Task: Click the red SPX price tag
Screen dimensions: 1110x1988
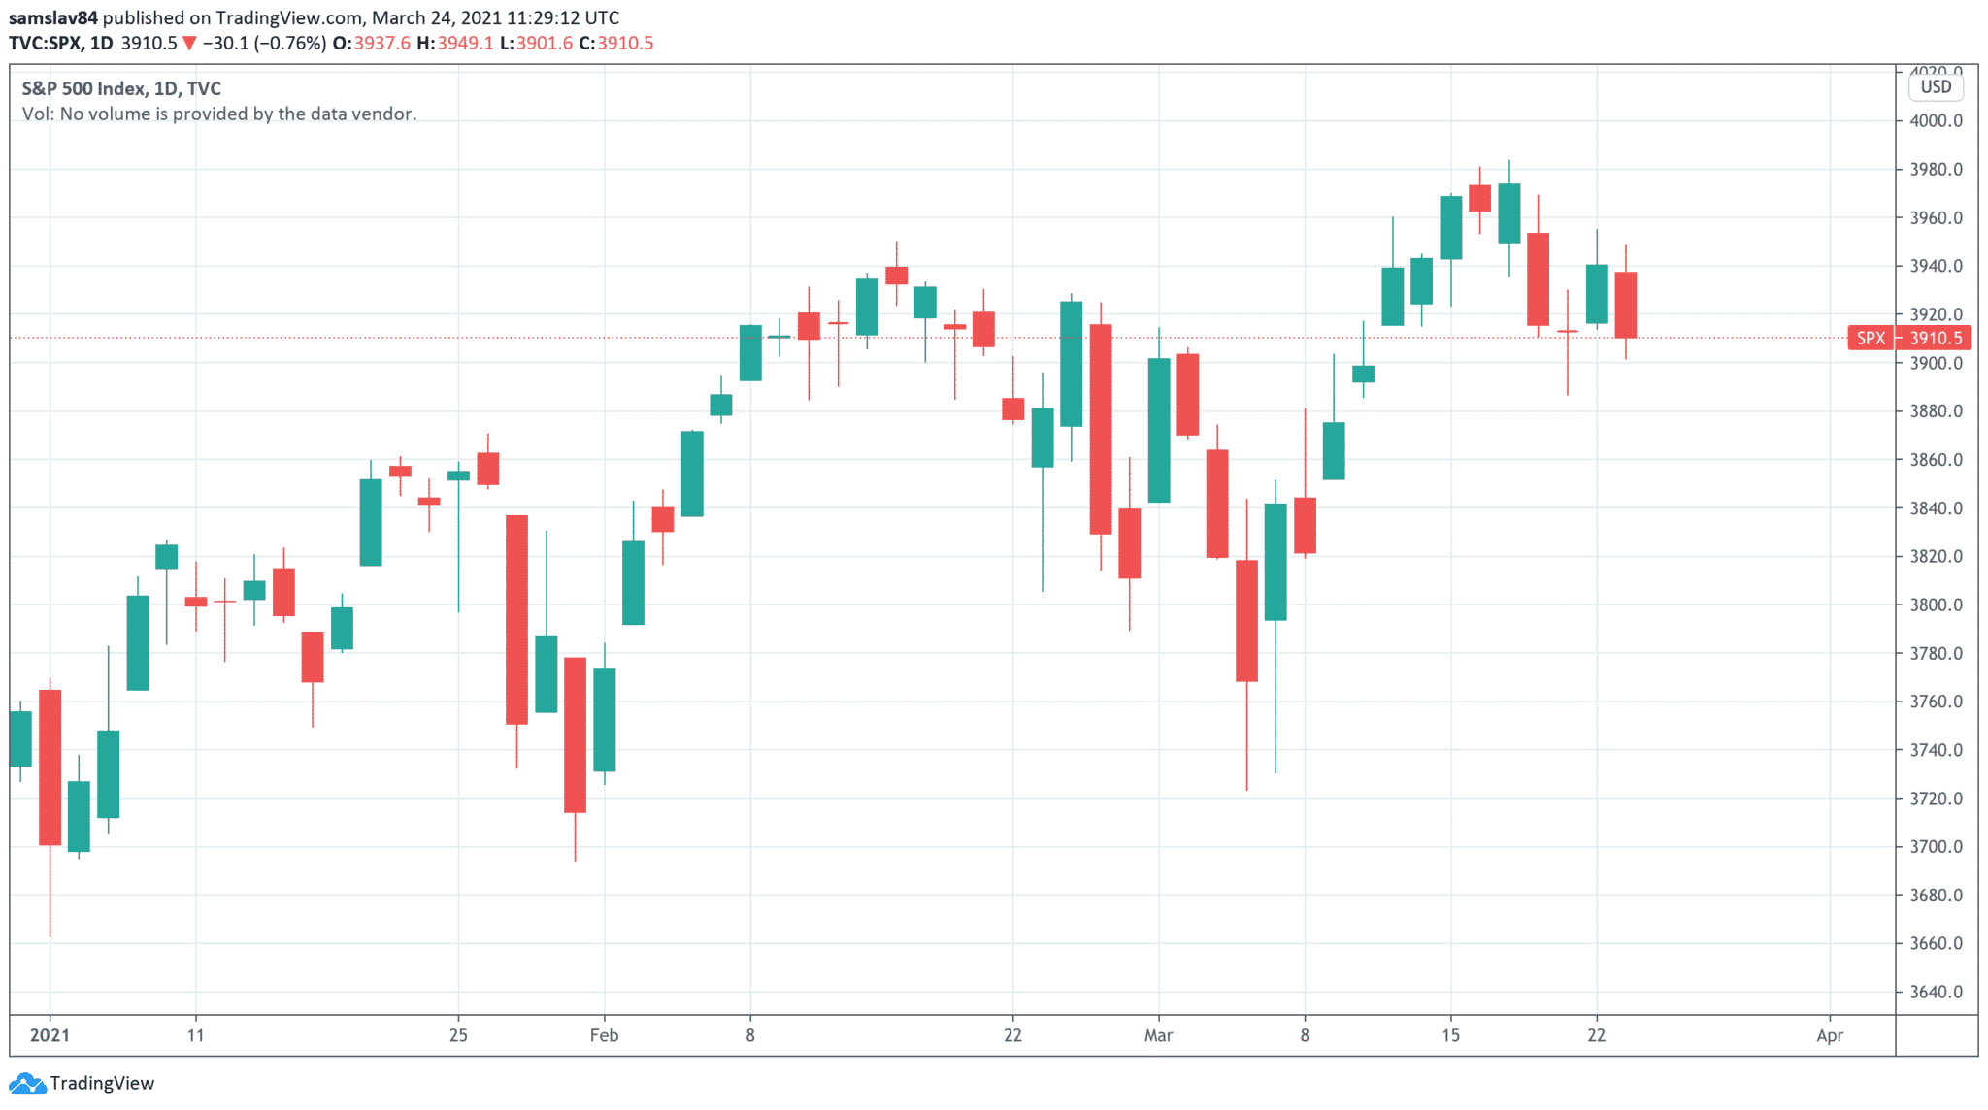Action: click(x=1871, y=338)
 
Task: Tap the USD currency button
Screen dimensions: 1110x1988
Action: click(x=1936, y=87)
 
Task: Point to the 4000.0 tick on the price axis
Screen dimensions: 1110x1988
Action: click(x=1936, y=121)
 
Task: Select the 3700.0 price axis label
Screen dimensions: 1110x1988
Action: click(x=1936, y=847)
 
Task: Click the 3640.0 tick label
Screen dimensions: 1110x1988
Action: click(x=1936, y=992)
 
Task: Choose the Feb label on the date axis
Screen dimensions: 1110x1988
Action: click(x=604, y=1035)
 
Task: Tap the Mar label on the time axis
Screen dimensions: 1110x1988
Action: click(x=1158, y=1035)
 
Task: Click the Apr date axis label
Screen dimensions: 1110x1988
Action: click(x=1829, y=1035)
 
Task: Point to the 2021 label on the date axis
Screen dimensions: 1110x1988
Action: click(x=50, y=1035)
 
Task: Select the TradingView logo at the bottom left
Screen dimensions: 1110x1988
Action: click(x=82, y=1083)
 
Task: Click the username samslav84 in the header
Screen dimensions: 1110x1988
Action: click(x=53, y=17)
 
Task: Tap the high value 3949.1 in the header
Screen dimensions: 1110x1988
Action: click(x=465, y=44)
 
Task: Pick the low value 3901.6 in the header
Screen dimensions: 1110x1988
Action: click(x=545, y=44)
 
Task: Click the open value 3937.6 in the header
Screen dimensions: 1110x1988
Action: click(x=381, y=44)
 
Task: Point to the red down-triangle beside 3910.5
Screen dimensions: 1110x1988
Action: click(x=189, y=44)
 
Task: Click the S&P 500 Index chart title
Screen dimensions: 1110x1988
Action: click(x=85, y=88)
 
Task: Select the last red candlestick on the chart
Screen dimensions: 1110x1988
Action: click(x=1625, y=305)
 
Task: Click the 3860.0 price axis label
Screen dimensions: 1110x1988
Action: click(x=1936, y=460)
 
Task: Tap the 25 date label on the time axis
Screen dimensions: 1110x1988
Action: click(x=458, y=1035)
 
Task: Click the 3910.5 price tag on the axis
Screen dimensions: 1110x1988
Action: click(x=1936, y=338)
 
